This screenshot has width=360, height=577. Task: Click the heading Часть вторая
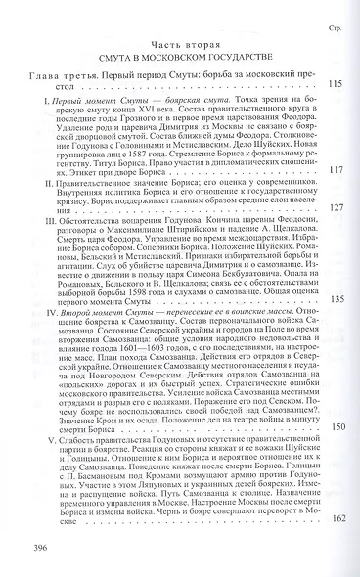[179, 47]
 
